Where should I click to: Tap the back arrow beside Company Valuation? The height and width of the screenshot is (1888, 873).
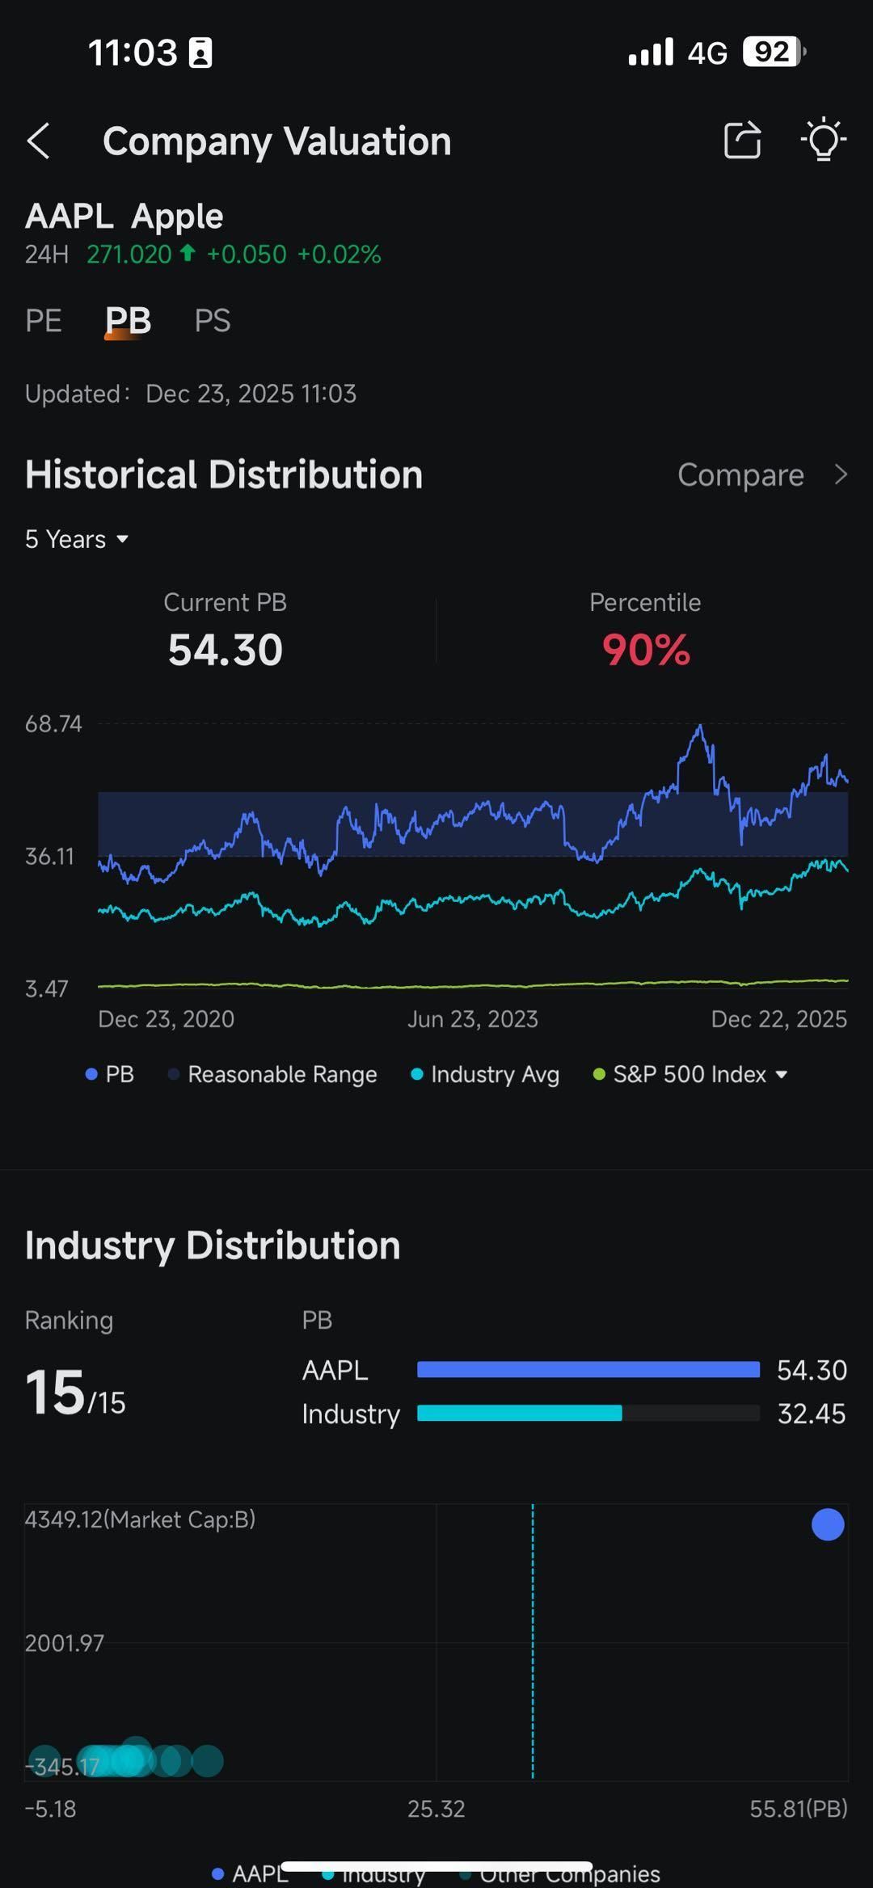[39, 141]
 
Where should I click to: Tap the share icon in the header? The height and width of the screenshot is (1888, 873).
[742, 141]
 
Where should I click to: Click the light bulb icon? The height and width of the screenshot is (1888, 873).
[823, 141]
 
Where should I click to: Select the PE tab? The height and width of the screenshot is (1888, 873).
[44, 321]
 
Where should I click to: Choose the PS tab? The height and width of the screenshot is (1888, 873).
[213, 321]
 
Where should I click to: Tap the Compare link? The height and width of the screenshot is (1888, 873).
[760, 475]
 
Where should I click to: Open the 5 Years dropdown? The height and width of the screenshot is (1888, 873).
[77, 539]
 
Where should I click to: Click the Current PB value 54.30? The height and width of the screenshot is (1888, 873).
[225, 650]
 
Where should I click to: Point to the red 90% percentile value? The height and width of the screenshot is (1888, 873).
[645, 650]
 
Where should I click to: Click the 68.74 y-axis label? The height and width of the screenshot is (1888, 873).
[53, 723]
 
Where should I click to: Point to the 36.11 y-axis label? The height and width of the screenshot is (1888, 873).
[49, 856]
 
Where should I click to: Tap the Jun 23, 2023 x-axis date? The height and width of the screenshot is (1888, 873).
[472, 1019]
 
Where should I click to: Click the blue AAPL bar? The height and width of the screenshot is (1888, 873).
[588, 1369]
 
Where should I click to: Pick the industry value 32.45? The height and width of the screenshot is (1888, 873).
[811, 1414]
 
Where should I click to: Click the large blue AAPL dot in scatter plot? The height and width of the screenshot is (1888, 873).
[827, 1524]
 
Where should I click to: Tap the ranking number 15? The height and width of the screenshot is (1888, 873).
[55, 1393]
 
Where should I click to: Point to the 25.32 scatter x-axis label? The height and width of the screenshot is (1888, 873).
[436, 1809]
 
